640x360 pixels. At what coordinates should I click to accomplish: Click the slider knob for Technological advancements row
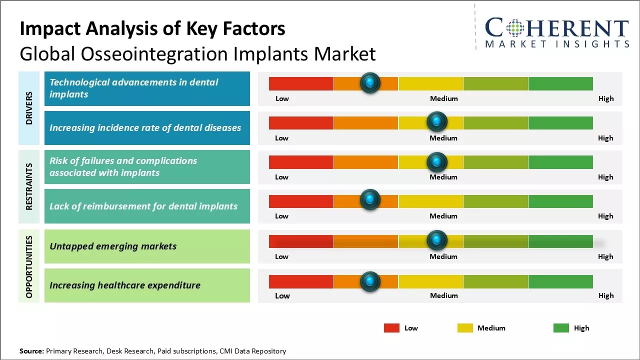(370, 83)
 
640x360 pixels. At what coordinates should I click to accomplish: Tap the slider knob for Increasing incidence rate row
(437, 121)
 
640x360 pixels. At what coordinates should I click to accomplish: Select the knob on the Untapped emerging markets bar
(437, 240)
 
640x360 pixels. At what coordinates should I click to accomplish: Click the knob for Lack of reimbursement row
(370, 200)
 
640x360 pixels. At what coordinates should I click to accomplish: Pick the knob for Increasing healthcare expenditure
(370, 281)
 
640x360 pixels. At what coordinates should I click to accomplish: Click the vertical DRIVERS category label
(29, 108)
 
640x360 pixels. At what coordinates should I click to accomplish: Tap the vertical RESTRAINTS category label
(29, 186)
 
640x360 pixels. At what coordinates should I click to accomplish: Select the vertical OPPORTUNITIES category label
(29, 266)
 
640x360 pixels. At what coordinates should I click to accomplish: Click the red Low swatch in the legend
(391, 328)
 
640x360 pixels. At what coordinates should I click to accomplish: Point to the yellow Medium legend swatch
(465, 328)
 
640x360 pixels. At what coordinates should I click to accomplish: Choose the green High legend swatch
(561, 328)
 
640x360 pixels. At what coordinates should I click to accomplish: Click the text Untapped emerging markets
(113, 246)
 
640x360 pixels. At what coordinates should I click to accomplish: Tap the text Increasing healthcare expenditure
(125, 285)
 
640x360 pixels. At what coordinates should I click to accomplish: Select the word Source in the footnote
(31, 351)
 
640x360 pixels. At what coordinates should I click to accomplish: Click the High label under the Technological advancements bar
(606, 98)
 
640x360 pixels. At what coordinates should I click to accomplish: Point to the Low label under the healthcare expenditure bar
(282, 295)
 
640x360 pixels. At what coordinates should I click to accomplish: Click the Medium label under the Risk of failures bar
(443, 177)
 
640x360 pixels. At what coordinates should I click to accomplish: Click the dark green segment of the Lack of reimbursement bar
(560, 201)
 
